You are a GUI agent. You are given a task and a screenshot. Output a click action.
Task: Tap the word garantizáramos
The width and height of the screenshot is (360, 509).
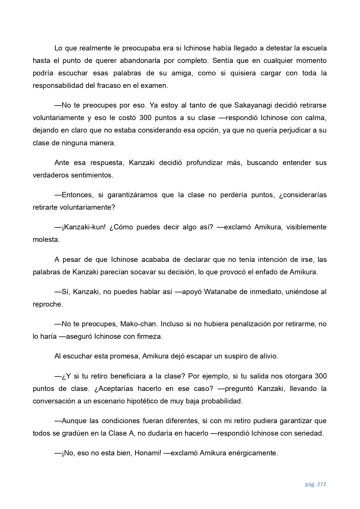click(x=132, y=195)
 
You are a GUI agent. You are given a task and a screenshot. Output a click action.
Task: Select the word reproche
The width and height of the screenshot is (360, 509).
click(x=47, y=304)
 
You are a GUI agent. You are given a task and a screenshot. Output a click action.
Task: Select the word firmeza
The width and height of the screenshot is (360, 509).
click(x=150, y=336)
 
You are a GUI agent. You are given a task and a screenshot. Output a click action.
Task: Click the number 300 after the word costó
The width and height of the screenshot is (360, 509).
click(x=145, y=118)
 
